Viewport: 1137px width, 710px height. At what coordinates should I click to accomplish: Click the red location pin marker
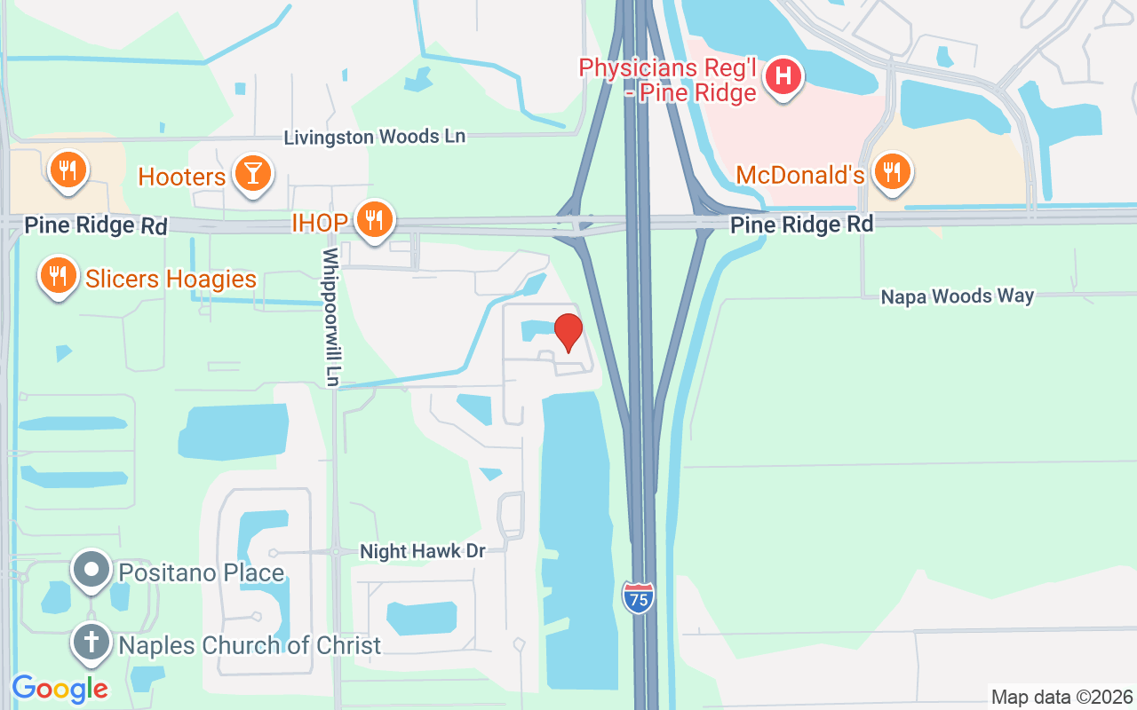[x=568, y=332]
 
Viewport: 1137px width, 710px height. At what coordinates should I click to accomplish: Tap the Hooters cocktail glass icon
[x=252, y=173]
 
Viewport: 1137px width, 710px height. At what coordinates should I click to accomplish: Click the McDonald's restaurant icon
[x=891, y=172]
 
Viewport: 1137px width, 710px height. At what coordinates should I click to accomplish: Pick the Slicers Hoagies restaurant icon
[x=59, y=276]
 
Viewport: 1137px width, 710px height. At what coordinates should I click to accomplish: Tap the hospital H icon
[x=783, y=76]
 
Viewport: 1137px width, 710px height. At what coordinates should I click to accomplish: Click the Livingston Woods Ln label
[x=374, y=137]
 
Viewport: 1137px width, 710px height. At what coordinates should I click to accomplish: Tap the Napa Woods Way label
[x=957, y=296]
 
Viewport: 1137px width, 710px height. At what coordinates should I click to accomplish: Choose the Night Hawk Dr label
[x=422, y=551]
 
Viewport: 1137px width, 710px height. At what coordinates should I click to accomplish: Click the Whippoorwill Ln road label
[x=331, y=317]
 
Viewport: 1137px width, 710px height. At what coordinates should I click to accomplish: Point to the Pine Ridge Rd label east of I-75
[x=801, y=225]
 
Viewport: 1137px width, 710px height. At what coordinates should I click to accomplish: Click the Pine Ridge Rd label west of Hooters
[x=95, y=225]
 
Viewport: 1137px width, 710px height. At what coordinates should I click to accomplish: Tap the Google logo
[x=60, y=688]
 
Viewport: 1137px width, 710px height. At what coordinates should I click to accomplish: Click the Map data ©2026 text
[x=1061, y=697]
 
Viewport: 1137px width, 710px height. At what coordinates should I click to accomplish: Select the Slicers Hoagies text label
[x=171, y=279]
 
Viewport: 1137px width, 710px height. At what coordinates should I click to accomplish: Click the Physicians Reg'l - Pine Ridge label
[x=667, y=79]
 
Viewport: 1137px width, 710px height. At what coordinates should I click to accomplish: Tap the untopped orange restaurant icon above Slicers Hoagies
[x=67, y=169]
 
